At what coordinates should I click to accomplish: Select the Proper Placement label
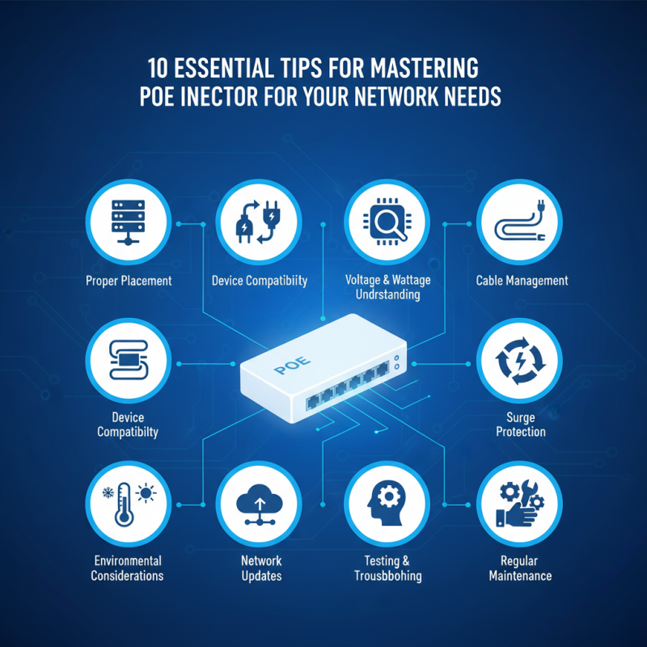[129, 281]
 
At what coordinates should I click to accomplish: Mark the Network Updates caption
[260, 569]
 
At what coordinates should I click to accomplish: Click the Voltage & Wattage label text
[388, 281]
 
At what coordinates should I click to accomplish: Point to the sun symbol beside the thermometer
[146, 493]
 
